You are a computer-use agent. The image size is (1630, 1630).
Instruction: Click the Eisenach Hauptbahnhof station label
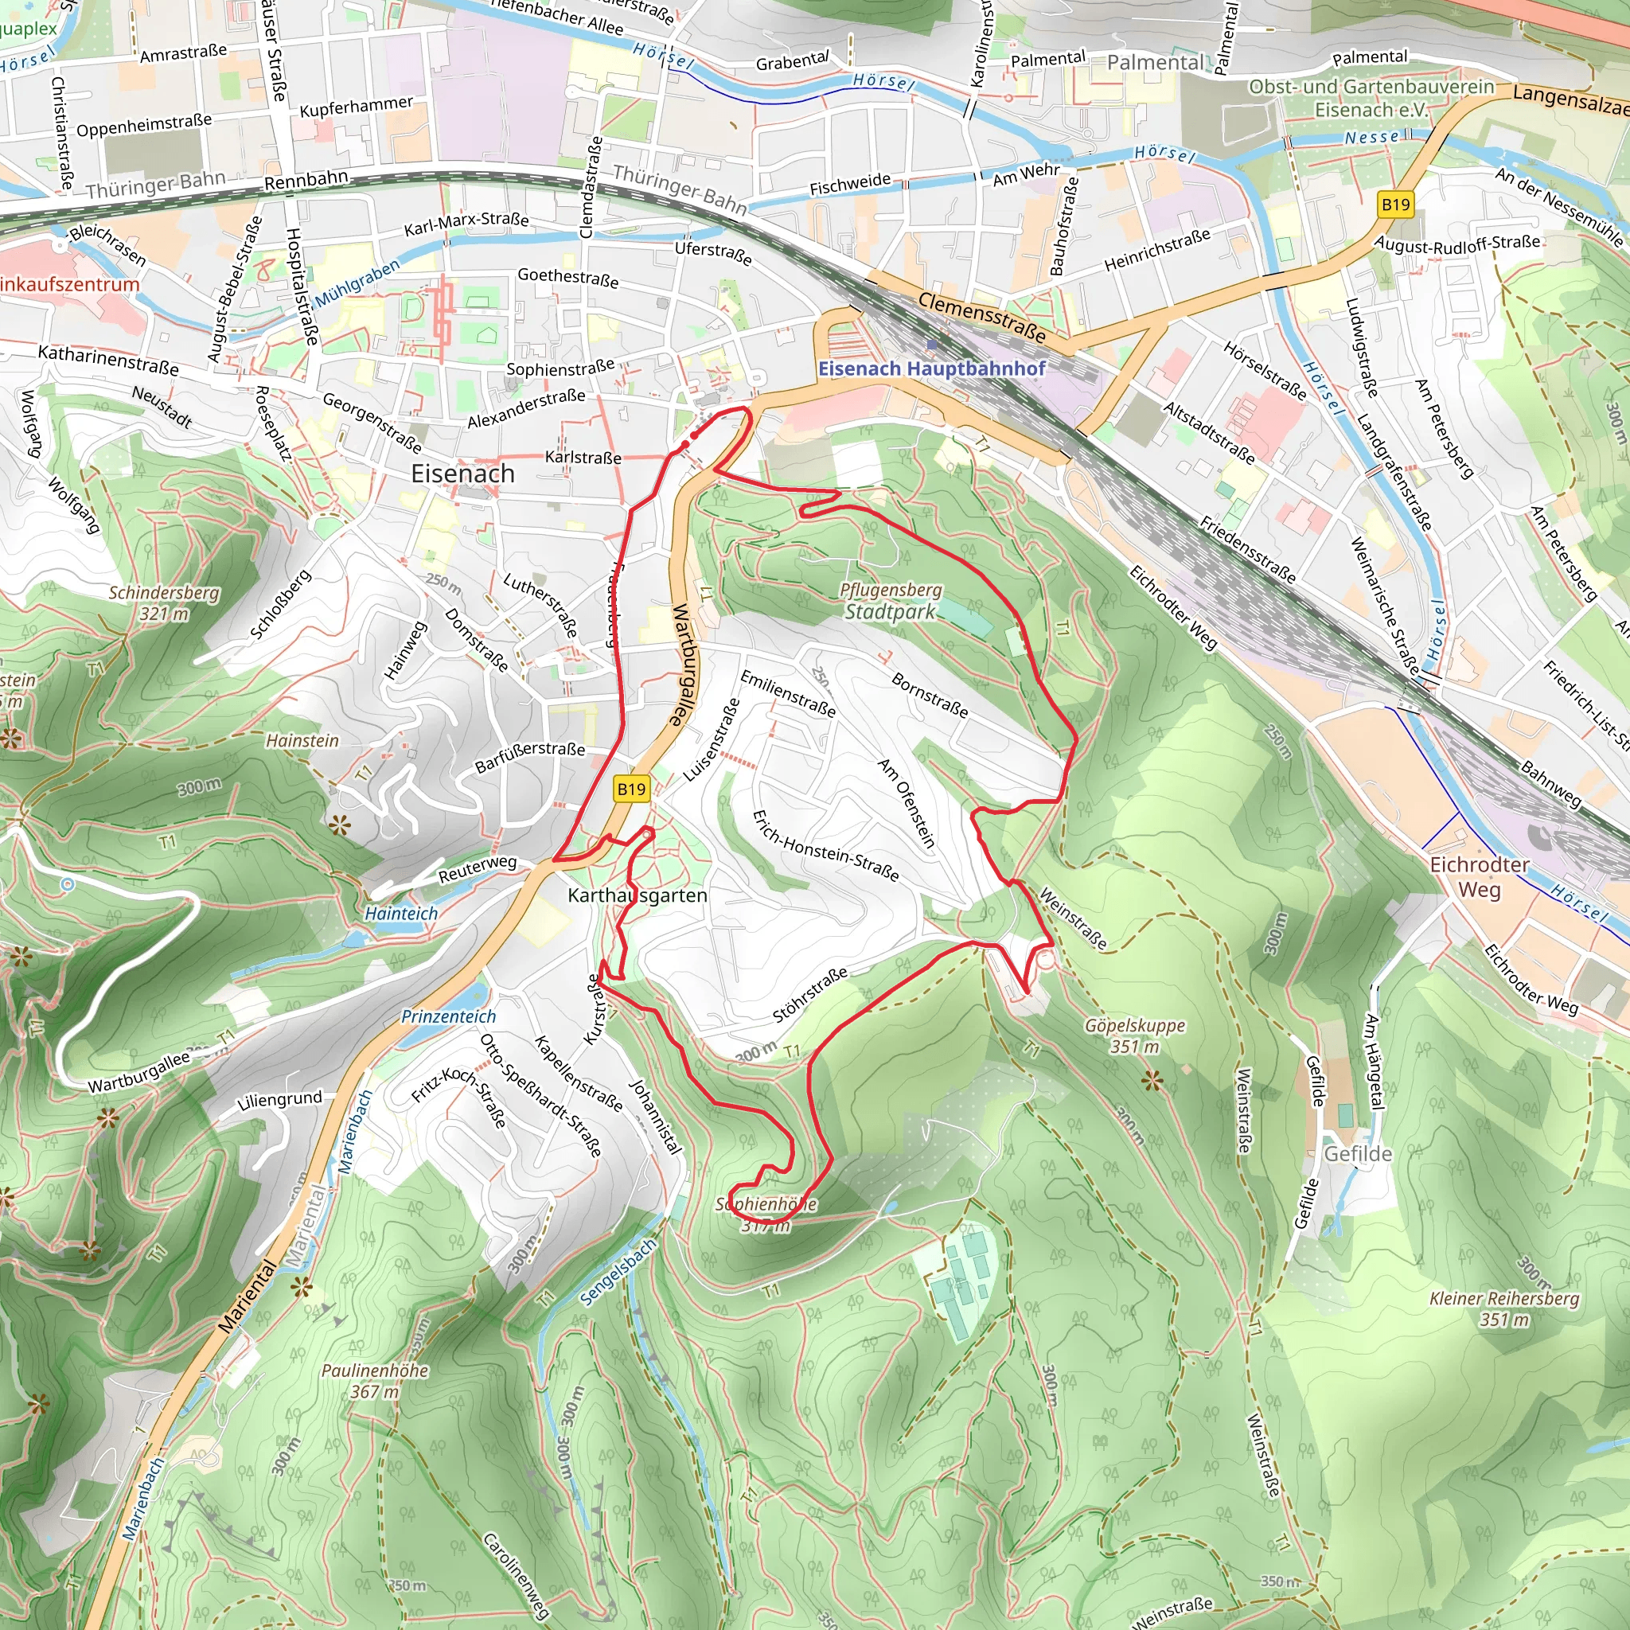[931, 368]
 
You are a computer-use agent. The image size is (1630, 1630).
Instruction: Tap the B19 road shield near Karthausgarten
[631, 789]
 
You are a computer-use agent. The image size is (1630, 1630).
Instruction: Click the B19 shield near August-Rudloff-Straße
[1395, 205]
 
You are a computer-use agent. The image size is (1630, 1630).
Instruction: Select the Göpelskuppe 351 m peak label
[1135, 1035]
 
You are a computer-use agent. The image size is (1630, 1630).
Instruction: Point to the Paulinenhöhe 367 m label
[375, 1381]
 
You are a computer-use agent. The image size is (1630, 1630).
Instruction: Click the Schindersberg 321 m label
[164, 602]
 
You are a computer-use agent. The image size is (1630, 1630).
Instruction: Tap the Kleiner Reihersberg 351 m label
[1504, 1308]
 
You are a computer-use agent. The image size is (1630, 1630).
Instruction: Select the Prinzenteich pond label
[448, 1016]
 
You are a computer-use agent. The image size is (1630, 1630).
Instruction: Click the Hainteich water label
[402, 913]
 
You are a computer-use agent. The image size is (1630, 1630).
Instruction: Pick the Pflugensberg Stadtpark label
[891, 601]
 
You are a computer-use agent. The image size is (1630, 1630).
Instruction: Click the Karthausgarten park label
[637, 895]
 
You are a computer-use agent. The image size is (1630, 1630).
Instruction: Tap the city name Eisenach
[462, 474]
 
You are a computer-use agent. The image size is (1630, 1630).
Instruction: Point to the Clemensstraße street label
[982, 317]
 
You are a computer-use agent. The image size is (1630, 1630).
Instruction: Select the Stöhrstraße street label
[810, 996]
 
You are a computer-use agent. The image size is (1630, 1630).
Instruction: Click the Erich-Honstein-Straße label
[825, 845]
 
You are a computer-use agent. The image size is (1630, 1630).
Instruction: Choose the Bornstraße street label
[930, 694]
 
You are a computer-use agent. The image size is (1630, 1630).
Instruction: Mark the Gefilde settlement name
[1358, 1153]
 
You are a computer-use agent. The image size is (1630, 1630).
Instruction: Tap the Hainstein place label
[302, 740]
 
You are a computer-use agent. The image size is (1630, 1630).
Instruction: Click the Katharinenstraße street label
[108, 361]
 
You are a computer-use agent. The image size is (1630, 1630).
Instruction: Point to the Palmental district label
[1156, 62]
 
